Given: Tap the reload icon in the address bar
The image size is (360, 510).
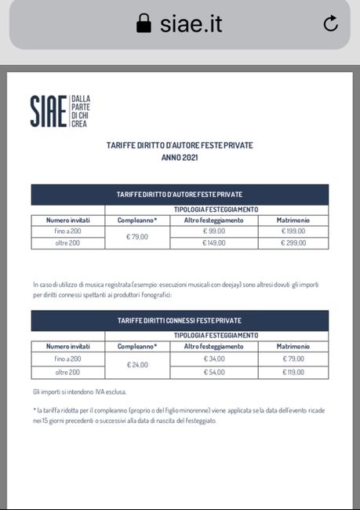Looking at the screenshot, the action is click(x=331, y=24).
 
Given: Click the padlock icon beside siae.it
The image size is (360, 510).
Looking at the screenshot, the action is click(x=144, y=24).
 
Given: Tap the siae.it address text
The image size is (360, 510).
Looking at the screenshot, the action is click(x=191, y=24).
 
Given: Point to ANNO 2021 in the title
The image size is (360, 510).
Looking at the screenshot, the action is click(x=180, y=158).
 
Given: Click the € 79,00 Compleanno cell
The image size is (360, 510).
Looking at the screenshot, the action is click(x=137, y=237).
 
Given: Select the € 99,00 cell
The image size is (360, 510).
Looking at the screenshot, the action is click(x=214, y=231).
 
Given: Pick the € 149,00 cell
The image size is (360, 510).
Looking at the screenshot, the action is click(x=214, y=243).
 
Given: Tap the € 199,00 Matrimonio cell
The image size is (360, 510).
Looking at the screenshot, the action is click(x=293, y=231).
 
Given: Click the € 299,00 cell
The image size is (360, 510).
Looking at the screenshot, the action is click(x=293, y=243).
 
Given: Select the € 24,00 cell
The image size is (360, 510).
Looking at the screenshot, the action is click(x=137, y=364).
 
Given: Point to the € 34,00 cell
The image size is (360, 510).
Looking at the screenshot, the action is click(x=214, y=359).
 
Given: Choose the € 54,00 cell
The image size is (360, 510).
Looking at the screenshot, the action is click(x=214, y=371).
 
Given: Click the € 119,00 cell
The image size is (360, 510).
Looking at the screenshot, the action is click(x=293, y=371).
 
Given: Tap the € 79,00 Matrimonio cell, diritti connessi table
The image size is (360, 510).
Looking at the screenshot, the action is click(x=293, y=359).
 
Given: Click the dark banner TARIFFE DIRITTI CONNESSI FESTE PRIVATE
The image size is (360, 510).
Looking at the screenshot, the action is click(x=180, y=321).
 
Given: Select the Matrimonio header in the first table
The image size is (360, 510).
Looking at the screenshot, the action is click(x=293, y=220).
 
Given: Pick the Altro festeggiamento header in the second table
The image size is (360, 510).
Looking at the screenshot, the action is click(x=214, y=347).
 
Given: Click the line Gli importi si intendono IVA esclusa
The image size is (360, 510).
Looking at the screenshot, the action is click(x=79, y=392).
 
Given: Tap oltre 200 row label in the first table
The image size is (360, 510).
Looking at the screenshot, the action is click(x=68, y=243).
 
